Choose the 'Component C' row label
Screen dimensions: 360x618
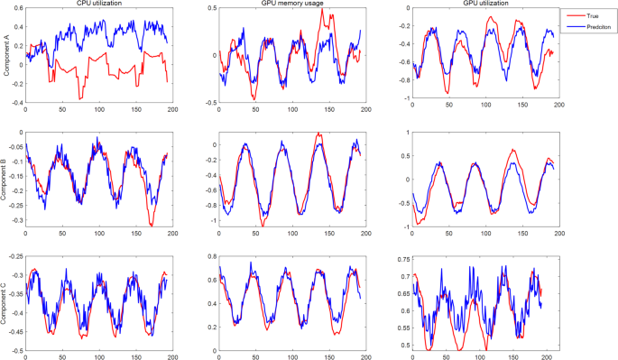pyautogui.click(x=7, y=303)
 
